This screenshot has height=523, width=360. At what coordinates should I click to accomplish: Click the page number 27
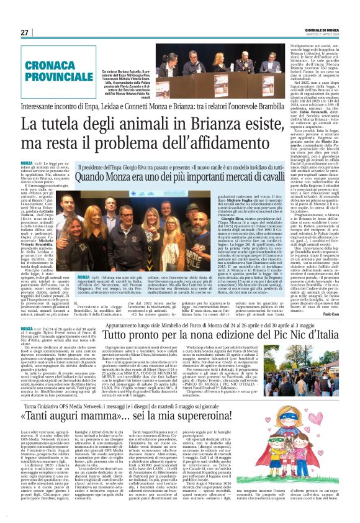tap(25, 32)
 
